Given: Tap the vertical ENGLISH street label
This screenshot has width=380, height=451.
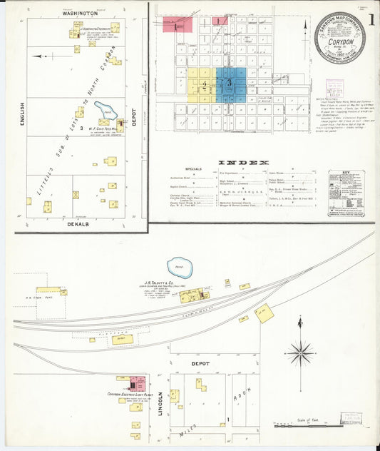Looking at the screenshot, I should point(22,114).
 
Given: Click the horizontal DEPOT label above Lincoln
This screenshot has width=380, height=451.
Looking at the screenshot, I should point(200,364).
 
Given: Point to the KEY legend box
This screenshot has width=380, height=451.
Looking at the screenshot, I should point(346,193).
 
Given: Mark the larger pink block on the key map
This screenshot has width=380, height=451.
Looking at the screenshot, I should point(175,26).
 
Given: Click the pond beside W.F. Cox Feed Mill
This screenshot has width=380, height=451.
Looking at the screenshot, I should point(107,111).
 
